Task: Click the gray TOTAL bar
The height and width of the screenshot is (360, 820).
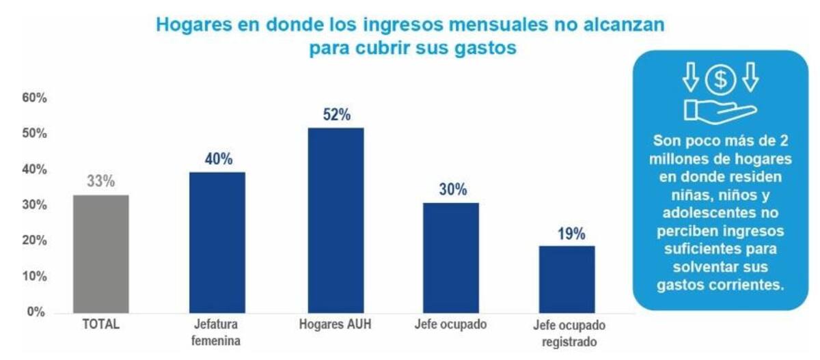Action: tap(100, 253)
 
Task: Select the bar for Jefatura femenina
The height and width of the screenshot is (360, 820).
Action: tap(217, 242)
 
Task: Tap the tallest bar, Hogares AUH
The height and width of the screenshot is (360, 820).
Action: tap(336, 220)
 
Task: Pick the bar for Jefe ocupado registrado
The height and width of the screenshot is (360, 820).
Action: tap(566, 279)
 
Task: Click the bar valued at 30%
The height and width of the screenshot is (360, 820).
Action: tap(451, 258)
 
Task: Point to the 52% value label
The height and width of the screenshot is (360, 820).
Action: tap(336, 115)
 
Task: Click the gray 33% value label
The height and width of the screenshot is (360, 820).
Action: tap(100, 182)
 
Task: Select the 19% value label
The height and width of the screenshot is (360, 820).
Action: tap(567, 234)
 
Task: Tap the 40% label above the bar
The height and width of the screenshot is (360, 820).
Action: tap(218, 159)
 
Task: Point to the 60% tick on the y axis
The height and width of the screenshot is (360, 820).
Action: tap(33, 98)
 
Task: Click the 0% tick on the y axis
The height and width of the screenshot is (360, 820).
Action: tap(36, 312)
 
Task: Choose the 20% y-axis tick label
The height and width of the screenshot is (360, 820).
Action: tap(33, 240)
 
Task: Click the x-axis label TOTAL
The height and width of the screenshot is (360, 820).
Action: tap(100, 325)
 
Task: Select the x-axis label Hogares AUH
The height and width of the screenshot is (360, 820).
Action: tap(336, 325)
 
